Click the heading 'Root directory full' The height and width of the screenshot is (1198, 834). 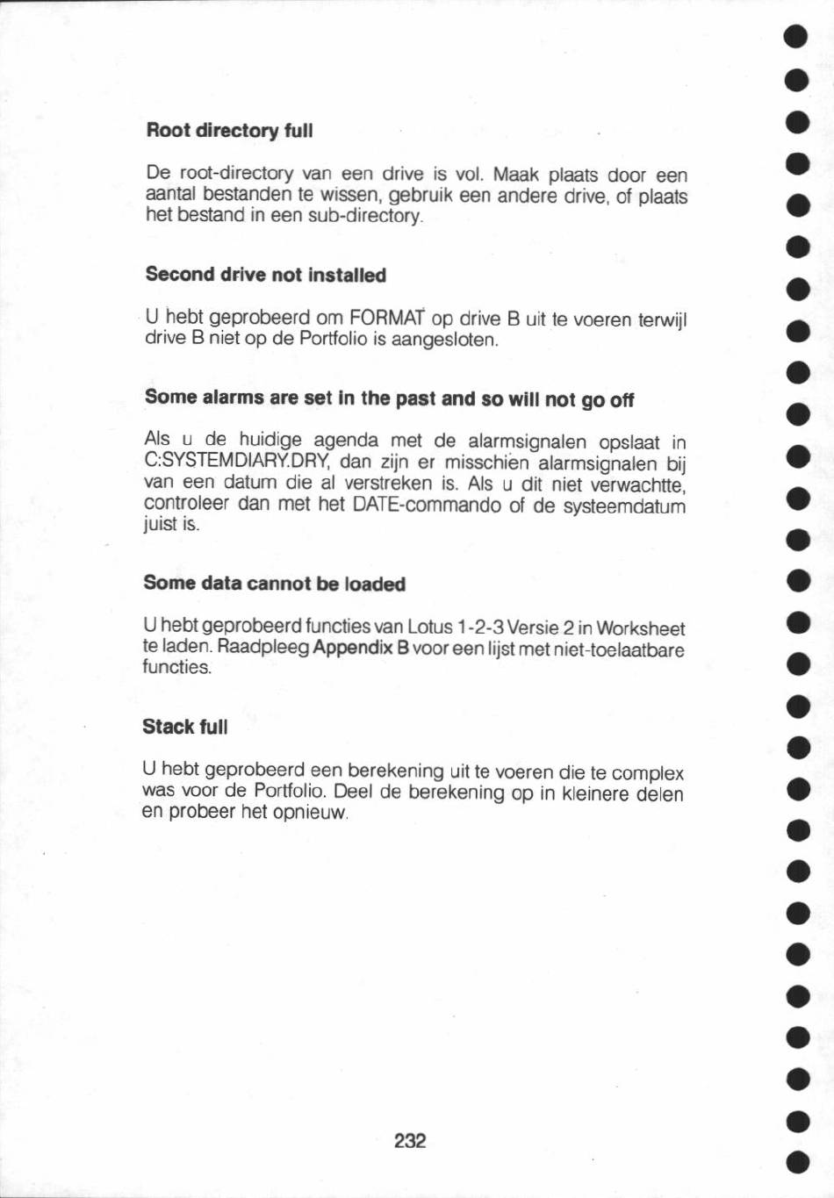click(229, 131)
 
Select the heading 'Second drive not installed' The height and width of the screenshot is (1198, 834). click(265, 275)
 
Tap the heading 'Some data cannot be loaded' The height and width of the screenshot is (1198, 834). click(274, 584)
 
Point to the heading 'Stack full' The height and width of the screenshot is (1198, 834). click(184, 727)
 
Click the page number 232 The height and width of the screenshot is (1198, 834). click(410, 1140)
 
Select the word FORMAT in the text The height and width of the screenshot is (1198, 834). click(387, 317)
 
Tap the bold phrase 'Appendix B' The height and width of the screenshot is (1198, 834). click(361, 648)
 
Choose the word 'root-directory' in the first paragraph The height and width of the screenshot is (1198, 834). click(235, 173)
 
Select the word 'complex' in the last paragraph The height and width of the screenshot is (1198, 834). click(647, 773)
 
